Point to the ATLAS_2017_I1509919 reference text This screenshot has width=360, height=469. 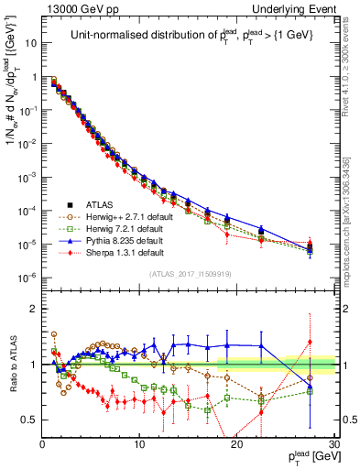189,274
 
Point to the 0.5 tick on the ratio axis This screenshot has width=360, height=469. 29,420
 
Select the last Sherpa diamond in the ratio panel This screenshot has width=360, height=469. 310,342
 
